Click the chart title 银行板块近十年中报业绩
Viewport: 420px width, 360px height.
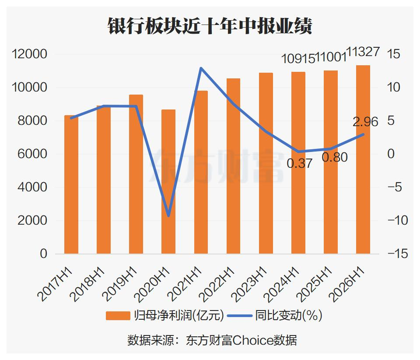pyautogui.click(x=210, y=26)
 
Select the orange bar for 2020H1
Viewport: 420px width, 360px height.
pyautogui.click(x=168, y=181)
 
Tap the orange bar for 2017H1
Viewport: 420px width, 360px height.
pyautogui.click(x=71, y=184)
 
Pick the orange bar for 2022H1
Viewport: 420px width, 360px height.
pyautogui.click(x=233, y=166)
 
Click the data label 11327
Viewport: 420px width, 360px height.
pyautogui.click(x=363, y=52)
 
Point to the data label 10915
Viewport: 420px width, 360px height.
pyautogui.click(x=298, y=58)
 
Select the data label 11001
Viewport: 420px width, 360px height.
pyautogui.click(x=331, y=56)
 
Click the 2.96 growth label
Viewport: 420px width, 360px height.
pyautogui.click(x=365, y=122)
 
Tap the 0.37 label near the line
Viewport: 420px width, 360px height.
pyautogui.click(x=299, y=163)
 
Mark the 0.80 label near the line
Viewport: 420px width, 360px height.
pyautogui.click(x=335, y=157)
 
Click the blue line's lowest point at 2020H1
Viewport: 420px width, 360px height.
pyautogui.click(x=168, y=215)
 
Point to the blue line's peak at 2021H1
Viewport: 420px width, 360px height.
pyautogui.click(x=201, y=68)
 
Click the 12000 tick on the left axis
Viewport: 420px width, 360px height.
pyautogui.click(x=29, y=54)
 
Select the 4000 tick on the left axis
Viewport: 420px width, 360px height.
pyautogui.click(x=32, y=187)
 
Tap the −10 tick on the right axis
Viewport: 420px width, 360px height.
pyautogui.click(x=398, y=220)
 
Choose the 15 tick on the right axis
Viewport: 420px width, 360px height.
pyautogui.click(x=393, y=54)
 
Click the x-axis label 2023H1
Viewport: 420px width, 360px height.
pyautogui.click(x=250, y=284)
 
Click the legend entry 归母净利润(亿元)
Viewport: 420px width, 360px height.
pyautogui.click(x=165, y=315)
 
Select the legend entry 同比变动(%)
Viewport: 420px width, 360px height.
pyautogui.click(x=275, y=315)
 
